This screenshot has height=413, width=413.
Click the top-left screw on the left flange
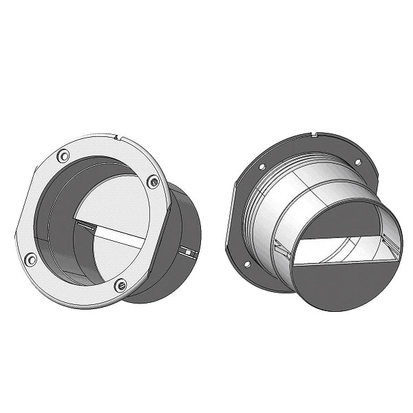[x=63, y=156]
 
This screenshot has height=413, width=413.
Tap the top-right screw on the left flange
[x=153, y=182]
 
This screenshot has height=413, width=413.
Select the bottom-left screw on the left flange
[x=30, y=260]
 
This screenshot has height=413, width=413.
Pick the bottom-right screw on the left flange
[x=120, y=284]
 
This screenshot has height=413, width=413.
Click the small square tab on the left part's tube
[x=187, y=253]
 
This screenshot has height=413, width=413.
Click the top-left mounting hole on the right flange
[x=262, y=167]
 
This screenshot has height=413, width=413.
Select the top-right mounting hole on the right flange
[x=357, y=162]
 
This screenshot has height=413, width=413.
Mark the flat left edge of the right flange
[x=230, y=220]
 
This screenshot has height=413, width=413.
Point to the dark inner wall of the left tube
[x=59, y=220]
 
